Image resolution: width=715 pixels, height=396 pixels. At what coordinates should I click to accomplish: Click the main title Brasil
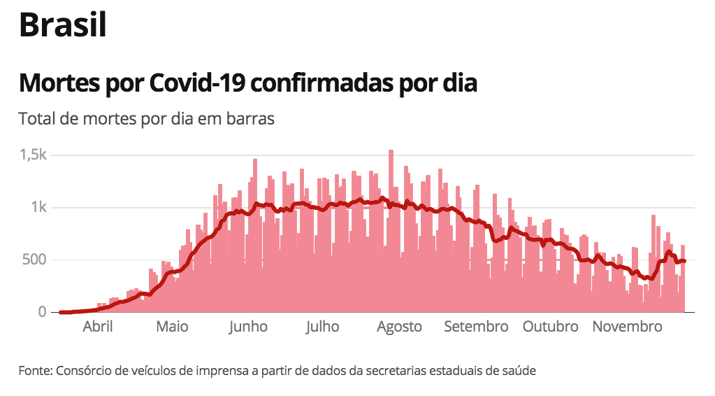point(63,26)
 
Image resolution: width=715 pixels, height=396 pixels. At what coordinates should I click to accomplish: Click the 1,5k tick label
point(33,155)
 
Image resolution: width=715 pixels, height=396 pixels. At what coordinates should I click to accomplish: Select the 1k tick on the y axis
point(38,208)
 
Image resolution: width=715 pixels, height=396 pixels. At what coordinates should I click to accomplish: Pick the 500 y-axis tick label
point(33,260)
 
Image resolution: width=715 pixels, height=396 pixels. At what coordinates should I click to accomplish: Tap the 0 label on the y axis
point(42,312)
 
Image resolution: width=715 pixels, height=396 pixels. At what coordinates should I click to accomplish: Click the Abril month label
point(98,327)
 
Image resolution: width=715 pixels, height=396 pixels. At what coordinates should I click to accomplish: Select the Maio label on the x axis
point(172,327)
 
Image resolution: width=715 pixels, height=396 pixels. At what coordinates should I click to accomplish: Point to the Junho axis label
point(248,327)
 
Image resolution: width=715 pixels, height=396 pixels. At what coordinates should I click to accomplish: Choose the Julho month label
point(322,327)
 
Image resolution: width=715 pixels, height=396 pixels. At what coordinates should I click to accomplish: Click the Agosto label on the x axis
point(399,327)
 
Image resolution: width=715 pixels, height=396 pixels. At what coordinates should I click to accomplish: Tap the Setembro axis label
point(476,327)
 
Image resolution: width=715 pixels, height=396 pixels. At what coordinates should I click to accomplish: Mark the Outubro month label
point(551,327)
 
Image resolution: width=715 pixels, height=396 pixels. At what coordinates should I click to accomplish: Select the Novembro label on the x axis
point(627,327)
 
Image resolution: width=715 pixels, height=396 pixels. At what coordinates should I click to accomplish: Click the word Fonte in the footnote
point(34,370)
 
